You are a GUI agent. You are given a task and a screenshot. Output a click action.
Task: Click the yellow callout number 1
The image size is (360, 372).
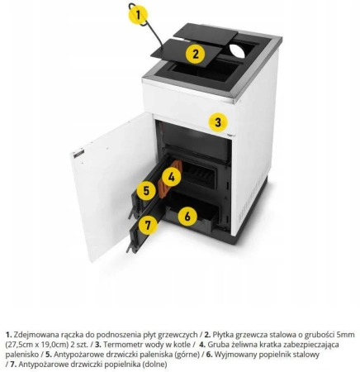pyautogui.click(x=138, y=15)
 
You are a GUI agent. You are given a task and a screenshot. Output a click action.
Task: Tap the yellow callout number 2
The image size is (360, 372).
pyautogui.click(x=195, y=54)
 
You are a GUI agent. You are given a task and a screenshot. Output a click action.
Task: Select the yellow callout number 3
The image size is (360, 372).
pyautogui.click(x=218, y=122)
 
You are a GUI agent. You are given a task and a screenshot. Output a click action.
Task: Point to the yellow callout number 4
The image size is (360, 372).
pyautogui.click(x=172, y=177)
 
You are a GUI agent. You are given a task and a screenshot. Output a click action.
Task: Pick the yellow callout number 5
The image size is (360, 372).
pyautogui.click(x=146, y=190)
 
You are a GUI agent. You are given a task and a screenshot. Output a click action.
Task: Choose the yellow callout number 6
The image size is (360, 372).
pyautogui.click(x=187, y=217)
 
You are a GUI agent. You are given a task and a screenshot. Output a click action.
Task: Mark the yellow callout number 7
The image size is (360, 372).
pyautogui.click(x=148, y=225)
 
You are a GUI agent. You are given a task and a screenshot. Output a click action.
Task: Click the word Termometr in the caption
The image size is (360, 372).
pyautogui.click(x=121, y=345)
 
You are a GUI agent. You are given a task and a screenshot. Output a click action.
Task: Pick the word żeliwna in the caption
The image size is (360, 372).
pyautogui.click(x=237, y=345)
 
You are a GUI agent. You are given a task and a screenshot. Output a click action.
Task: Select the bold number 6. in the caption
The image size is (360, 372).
pyautogui.click(x=209, y=355)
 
